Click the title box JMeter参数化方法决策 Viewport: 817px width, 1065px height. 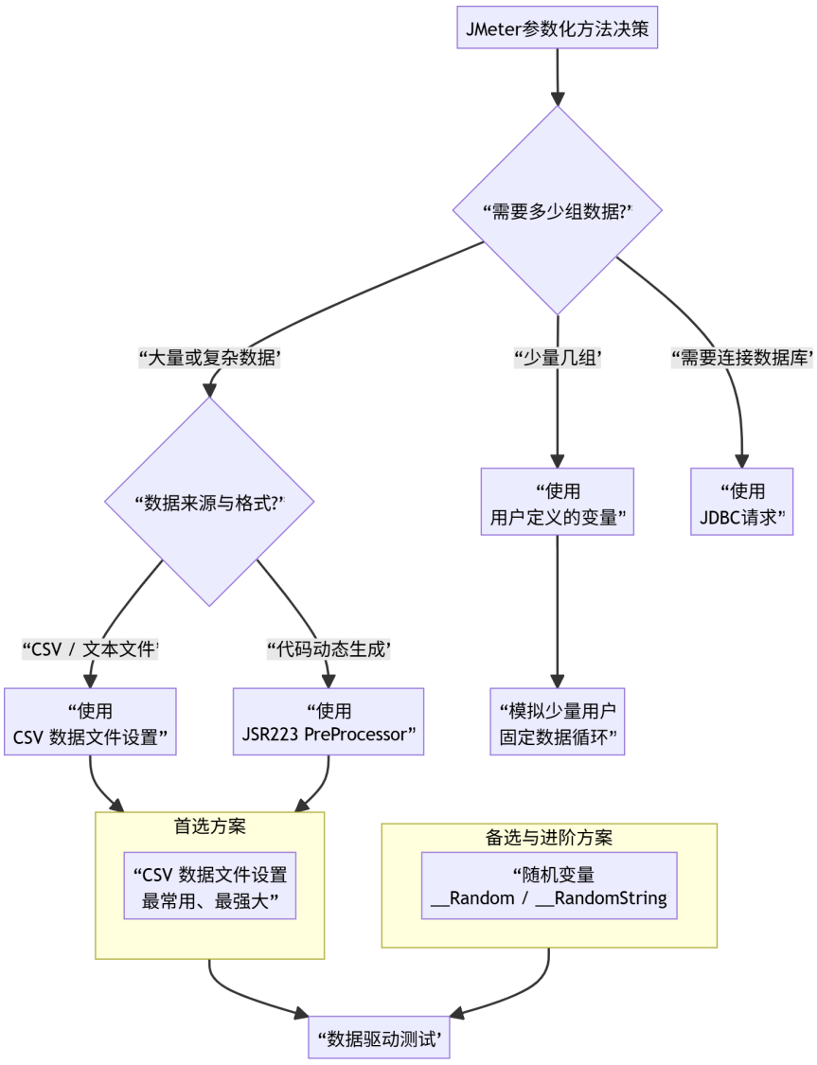tap(557, 28)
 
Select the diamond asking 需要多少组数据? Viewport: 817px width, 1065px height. tap(557, 209)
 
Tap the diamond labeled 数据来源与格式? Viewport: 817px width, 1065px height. tap(209, 501)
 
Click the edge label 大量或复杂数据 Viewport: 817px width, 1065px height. tap(209, 358)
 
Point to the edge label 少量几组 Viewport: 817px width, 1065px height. tap(558, 358)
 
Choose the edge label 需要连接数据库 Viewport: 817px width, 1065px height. tap(741, 358)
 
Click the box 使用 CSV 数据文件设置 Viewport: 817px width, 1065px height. tap(90, 722)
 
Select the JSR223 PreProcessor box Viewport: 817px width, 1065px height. tap(329, 722)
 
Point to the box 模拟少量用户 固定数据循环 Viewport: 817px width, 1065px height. tap(558, 722)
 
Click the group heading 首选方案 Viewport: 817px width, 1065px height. tap(209, 825)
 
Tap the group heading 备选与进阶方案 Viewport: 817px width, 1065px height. tap(549, 837)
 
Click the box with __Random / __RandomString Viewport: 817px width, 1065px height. tap(549, 886)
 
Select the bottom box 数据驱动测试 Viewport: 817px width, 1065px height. tap(379, 1038)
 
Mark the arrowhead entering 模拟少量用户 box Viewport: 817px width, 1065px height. tap(558, 681)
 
